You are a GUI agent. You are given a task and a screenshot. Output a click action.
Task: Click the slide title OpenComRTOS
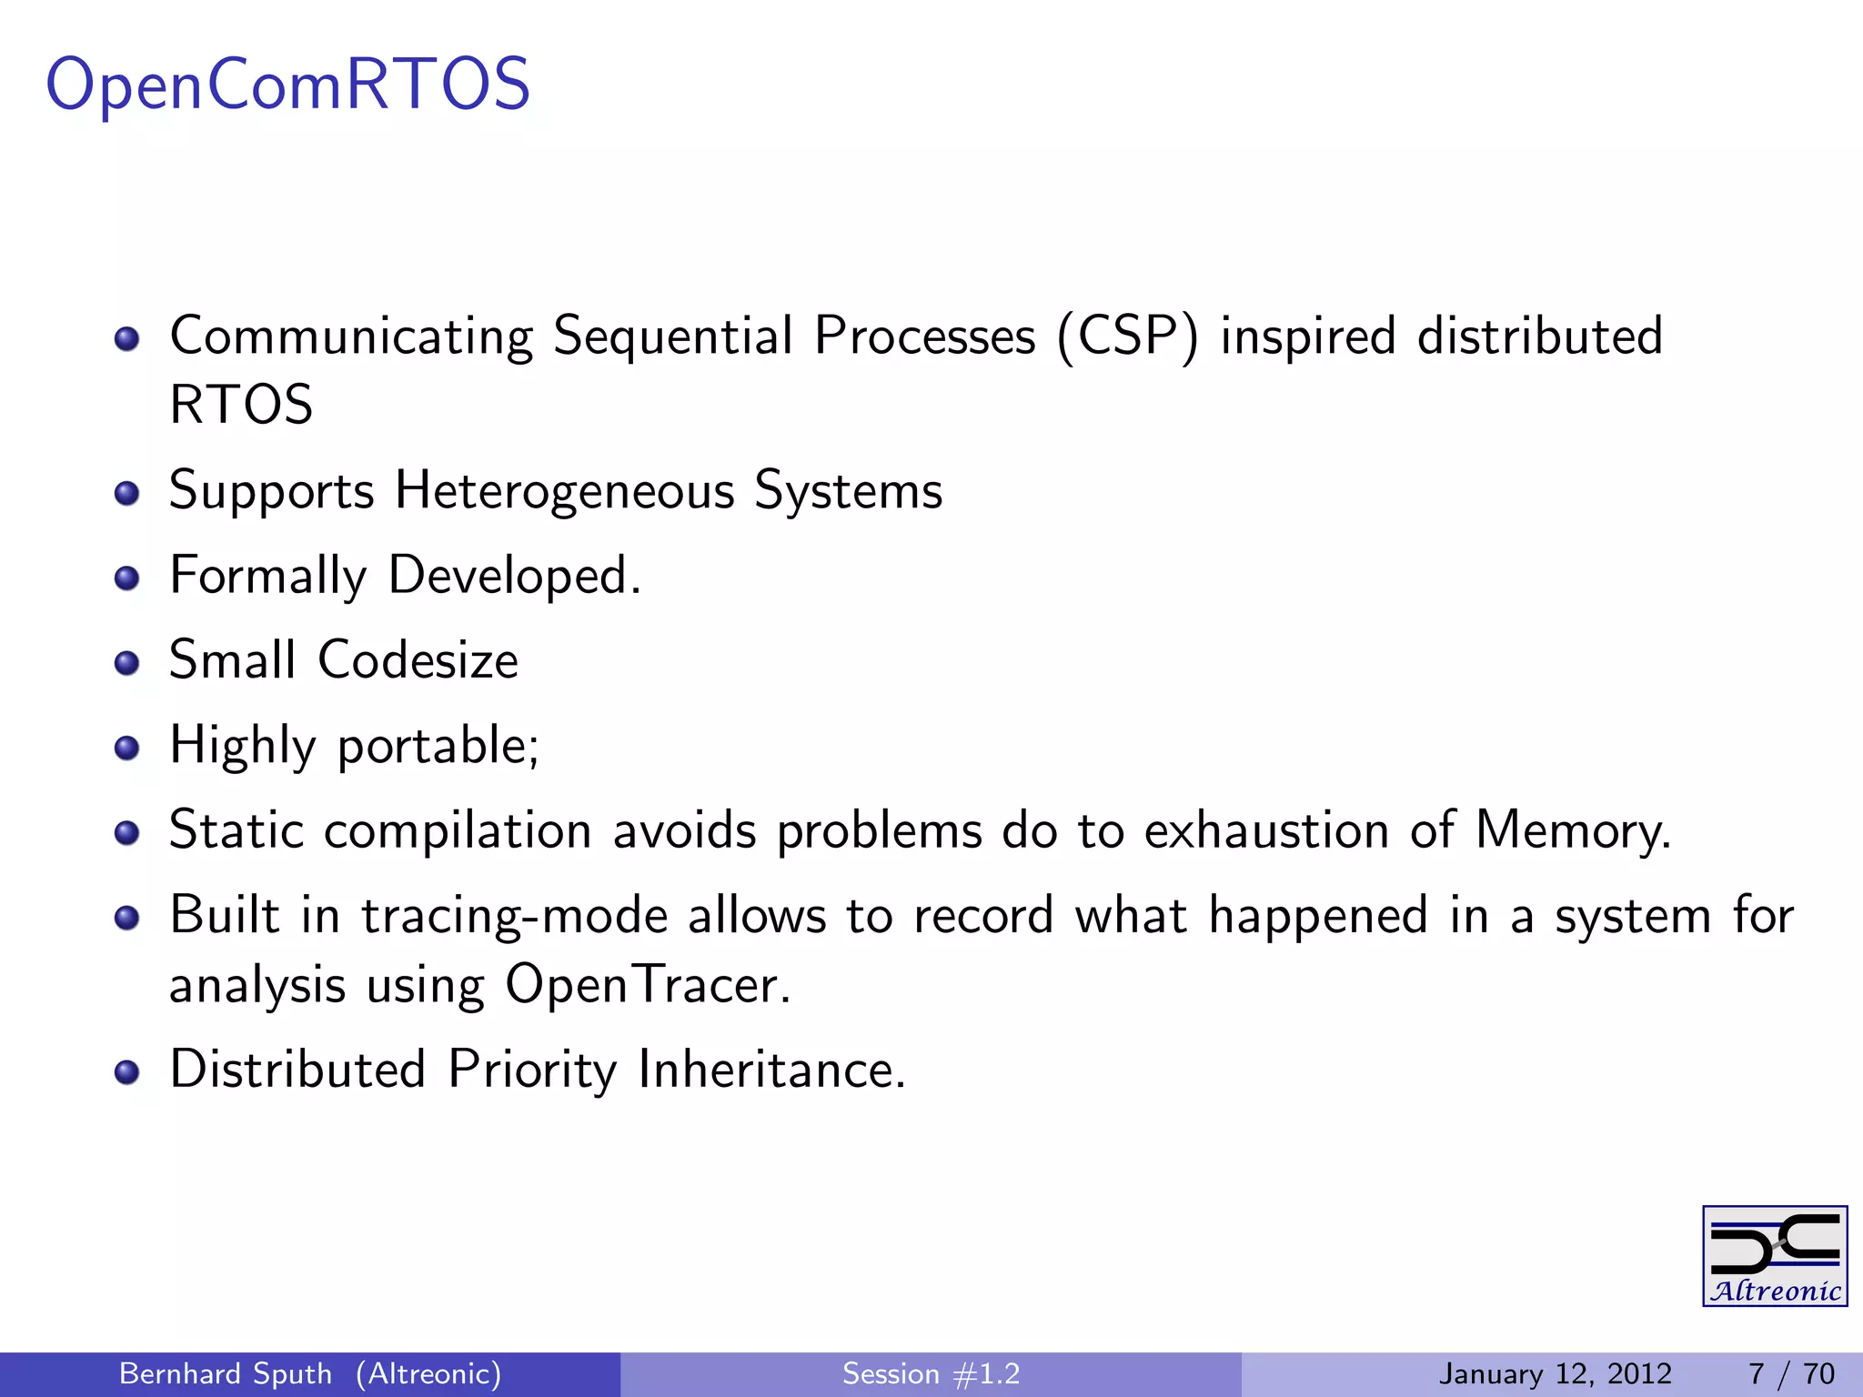click(x=287, y=85)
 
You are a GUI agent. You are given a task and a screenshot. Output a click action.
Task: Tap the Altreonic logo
click(x=1774, y=1256)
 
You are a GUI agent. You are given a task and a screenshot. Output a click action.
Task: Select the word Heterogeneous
click(x=564, y=492)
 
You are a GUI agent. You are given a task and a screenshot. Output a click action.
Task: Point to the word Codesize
click(x=418, y=660)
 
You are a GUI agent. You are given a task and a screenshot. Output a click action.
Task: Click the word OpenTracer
click(x=648, y=985)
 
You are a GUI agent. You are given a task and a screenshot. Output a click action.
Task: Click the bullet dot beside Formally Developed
click(x=126, y=578)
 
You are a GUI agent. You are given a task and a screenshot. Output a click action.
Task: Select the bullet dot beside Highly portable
click(x=126, y=748)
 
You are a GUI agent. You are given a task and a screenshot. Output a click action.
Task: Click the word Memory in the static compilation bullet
click(x=1573, y=830)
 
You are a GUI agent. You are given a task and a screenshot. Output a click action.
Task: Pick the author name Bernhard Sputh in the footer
click(x=226, y=1373)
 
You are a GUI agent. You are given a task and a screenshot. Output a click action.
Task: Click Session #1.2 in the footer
click(x=931, y=1373)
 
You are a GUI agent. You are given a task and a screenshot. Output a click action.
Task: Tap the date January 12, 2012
click(x=1555, y=1373)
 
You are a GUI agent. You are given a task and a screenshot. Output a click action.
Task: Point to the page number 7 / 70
click(x=1791, y=1373)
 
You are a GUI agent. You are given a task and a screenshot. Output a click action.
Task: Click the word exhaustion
click(x=1265, y=830)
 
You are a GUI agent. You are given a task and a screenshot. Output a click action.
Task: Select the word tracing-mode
click(x=514, y=916)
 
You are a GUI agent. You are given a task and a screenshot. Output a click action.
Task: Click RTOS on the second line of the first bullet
click(x=241, y=405)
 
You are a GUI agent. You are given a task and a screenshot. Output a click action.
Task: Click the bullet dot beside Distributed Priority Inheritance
click(x=126, y=1072)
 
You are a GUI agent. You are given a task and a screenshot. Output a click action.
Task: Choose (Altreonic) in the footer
click(x=428, y=1373)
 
